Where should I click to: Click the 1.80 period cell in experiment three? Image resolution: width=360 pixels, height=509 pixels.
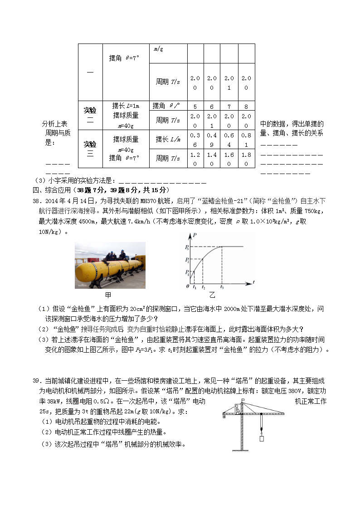pos(246,159)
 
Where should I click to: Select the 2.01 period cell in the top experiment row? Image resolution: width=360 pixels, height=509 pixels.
pos(229,82)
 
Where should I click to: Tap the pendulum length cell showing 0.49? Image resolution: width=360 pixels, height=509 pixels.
pos(212,140)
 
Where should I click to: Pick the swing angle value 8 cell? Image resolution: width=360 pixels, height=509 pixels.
pos(246,107)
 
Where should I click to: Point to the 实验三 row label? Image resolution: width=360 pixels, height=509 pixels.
pos(90,149)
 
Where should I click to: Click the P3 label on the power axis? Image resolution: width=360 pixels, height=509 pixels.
pos(186,247)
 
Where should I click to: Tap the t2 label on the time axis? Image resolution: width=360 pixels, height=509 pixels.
pos(203,287)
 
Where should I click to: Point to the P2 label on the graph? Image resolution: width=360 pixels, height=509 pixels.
pos(186,260)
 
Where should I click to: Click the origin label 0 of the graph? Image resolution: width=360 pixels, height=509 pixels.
pos(188,287)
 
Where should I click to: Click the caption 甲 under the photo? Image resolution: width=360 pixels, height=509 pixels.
pos(108,295)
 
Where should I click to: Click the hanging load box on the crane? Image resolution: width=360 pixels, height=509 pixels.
pos(262,439)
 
